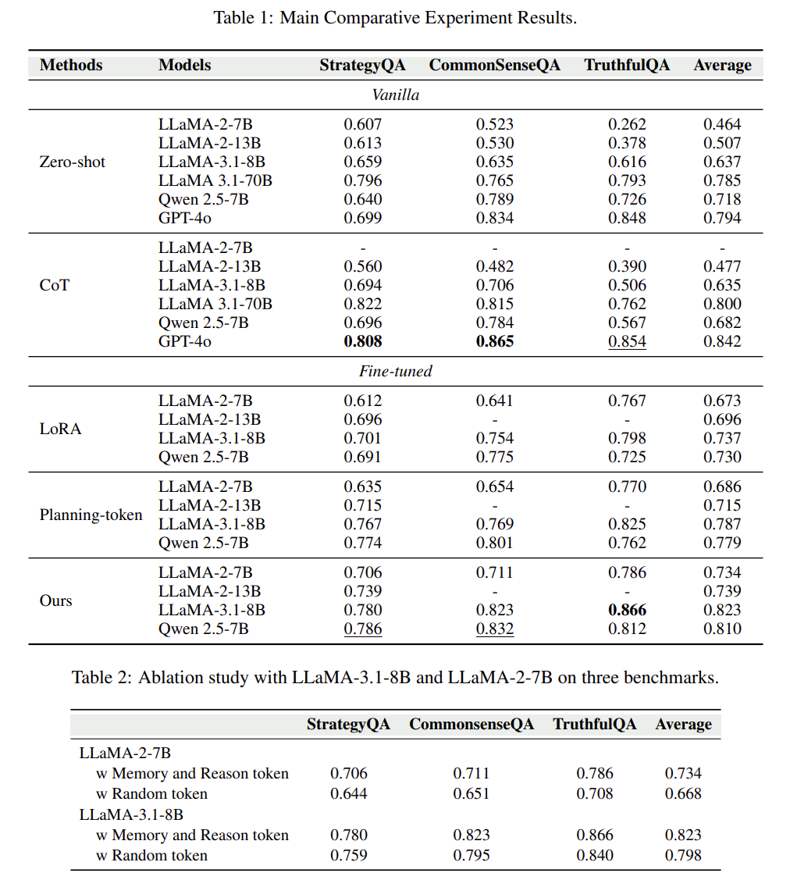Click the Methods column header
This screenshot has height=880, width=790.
click(x=71, y=65)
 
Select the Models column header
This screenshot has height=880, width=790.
click(x=184, y=65)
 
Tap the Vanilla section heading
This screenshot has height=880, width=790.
click(x=395, y=94)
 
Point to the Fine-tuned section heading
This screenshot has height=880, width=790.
click(x=395, y=371)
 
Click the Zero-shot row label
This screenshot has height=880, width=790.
click(x=72, y=162)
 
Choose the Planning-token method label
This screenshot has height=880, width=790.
click(x=91, y=515)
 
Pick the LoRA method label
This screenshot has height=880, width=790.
click(x=60, y=429)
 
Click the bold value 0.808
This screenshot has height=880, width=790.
click(x=363, y=341)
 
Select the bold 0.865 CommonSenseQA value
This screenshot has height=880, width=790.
click(x=495, y=341)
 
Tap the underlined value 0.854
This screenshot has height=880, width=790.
click(x=627, y=341)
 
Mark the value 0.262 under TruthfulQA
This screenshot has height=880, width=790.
click(x=627, y=124)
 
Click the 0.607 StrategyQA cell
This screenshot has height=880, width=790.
click(x=363, y=124)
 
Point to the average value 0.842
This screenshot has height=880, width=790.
click(x=722, y=341)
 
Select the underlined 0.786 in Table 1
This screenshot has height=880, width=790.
click(x=363, y=629)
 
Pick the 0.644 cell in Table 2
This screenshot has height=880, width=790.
click(x=348, y=793)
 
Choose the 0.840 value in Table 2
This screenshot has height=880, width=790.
click(x=595, y=855)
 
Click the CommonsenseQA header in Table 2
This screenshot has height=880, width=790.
click(x=472, y=724)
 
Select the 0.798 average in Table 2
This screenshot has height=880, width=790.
click(x=683, y=855)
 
